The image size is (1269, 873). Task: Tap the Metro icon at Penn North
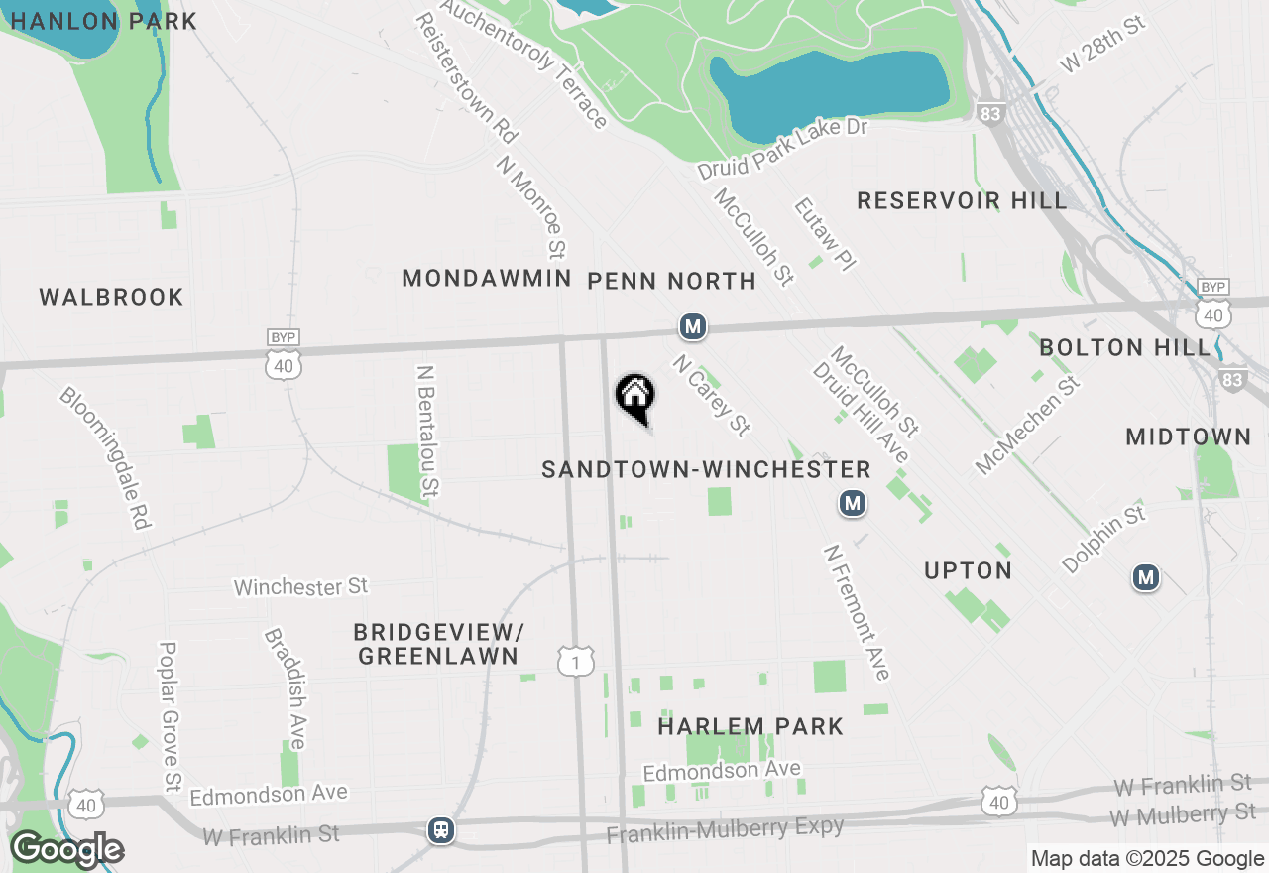[692, 326]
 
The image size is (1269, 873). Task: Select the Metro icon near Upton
[852, 504]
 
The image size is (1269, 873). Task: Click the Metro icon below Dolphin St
[1146, 577]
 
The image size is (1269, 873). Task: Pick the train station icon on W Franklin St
[441, 830]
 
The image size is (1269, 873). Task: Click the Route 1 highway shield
[576, 660]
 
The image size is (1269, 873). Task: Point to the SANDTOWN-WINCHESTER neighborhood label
[706, 469]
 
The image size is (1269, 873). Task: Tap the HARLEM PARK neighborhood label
[750, 726]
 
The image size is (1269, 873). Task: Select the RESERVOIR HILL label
[962, 200]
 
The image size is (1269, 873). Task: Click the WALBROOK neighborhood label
[112, 297]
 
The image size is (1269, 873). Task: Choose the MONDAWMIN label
[487, 279]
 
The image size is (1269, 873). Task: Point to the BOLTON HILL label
[1125, 347]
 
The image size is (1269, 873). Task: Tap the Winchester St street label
[300, 587]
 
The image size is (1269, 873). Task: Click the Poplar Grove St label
[170, 716]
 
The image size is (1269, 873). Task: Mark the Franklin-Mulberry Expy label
[725, 829]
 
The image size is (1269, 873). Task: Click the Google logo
[66, 850]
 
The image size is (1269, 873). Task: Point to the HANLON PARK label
[103, 21]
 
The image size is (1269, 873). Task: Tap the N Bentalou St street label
[428, 431]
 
